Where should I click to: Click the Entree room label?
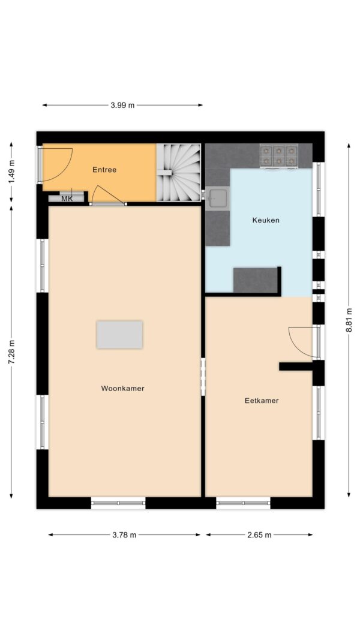coord(104,170)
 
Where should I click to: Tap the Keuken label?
coord(266,220)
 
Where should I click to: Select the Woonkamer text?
coord(123,389)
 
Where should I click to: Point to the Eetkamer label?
coord(262,401)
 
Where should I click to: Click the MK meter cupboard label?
coord(67,199)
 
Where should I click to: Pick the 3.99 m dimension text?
coord(122,106)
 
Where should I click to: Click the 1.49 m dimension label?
coord(11,172)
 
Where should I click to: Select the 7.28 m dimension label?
coord(11,352)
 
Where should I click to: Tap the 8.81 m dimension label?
coord(349,320)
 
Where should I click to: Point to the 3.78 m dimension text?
coord(124,535)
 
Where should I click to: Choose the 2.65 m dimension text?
coord(259,535)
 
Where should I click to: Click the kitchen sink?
coord(217,199)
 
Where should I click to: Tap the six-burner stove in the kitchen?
coord(279,156)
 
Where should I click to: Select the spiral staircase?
coord(179,172)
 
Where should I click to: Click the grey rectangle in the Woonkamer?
coord(119,335)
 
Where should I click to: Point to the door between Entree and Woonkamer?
coord(108,196)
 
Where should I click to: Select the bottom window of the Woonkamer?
coord(118,503)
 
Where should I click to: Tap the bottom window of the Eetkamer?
coord(243,503)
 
